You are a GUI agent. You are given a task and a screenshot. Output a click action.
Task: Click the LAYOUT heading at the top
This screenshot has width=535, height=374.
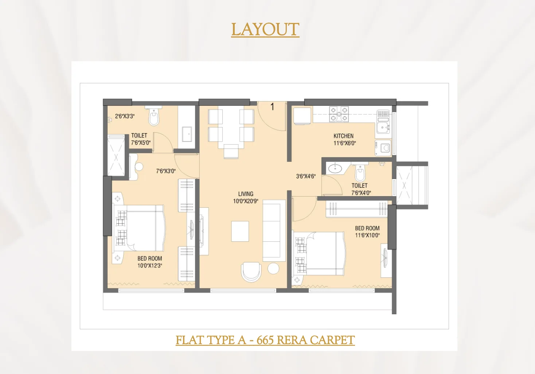265,30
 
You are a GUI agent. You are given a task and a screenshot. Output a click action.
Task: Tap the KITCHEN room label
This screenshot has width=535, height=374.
343,136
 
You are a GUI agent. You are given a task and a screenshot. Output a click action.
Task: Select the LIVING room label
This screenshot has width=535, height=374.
246,194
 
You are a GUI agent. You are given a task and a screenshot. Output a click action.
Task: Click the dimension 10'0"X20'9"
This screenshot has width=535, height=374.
246,201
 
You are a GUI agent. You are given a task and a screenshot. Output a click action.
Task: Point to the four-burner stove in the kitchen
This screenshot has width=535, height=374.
339,114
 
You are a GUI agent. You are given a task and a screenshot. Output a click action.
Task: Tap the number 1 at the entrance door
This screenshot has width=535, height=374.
272,107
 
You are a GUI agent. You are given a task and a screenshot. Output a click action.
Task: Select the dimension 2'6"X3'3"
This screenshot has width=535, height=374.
125,116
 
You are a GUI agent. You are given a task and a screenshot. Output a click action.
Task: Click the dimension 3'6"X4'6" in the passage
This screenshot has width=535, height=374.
306,176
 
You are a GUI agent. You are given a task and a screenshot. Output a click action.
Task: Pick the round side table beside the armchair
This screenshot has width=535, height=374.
273,268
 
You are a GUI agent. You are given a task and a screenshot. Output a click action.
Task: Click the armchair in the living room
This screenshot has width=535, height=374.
251,272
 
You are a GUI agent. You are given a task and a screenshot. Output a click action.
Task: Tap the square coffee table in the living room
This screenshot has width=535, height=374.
240,231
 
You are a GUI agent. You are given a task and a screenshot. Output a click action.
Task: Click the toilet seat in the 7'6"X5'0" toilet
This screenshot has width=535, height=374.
153,117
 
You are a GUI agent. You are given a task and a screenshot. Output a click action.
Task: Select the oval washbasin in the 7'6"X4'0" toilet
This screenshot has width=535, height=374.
335,168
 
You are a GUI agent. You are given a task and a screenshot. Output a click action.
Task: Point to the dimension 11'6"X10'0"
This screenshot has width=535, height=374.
367,235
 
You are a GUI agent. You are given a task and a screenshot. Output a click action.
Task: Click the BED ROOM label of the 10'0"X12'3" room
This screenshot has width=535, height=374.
150,258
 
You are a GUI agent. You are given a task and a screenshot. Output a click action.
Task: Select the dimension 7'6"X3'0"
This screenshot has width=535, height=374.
166,171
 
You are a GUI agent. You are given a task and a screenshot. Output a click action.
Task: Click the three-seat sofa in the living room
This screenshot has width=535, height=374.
274,231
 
